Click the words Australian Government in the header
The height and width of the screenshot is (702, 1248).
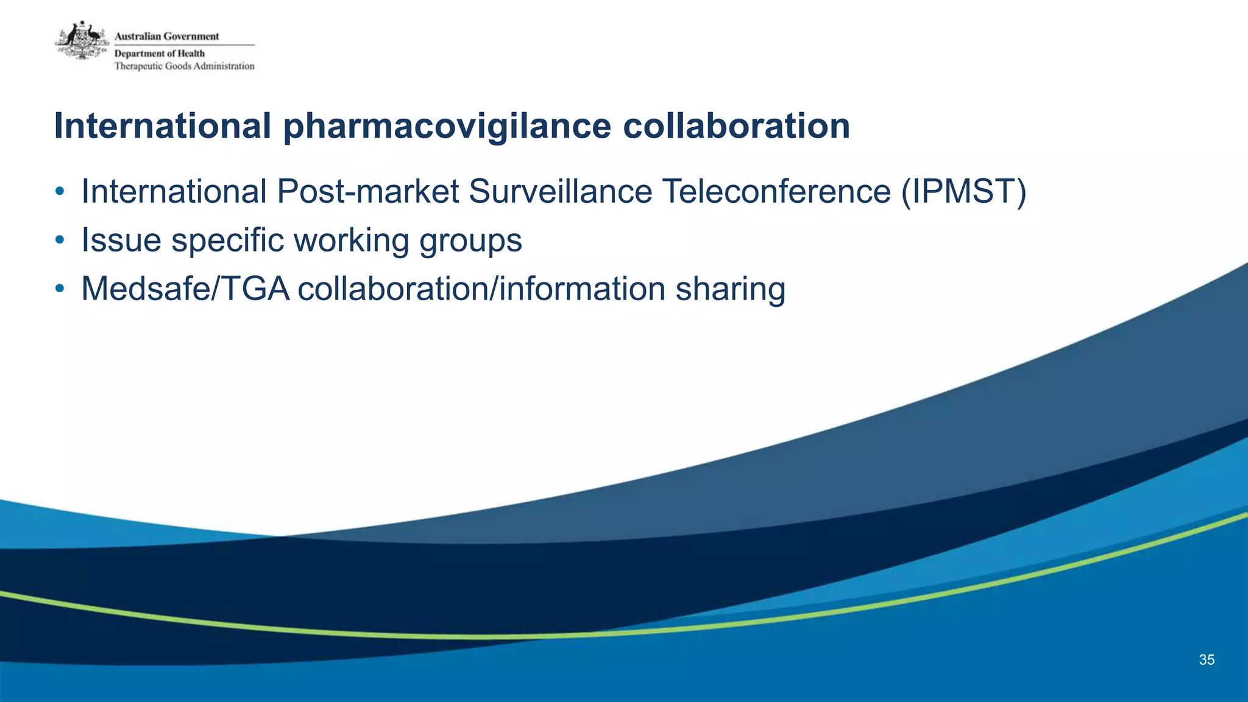click(x=166, y=37)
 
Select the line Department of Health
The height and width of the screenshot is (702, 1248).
click(x=160, y=54)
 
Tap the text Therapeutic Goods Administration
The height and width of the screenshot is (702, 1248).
click(x=184, y=66)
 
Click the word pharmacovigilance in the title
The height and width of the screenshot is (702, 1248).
click(x=447, y=127)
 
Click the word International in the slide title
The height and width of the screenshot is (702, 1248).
click(x=162, y=126)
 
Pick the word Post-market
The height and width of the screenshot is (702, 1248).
click(x=367, y=192)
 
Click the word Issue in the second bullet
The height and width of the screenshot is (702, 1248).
click(x=121, y=240)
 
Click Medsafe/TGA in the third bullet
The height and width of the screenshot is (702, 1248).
click(x=185, y=289)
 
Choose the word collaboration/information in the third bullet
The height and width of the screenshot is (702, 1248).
click(x=481, y=289)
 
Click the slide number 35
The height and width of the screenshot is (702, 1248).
click(x=1207, y=660)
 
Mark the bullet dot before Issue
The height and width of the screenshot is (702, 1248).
click(x=59, y=240)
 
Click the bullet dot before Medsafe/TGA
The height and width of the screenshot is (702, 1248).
click(x=59, y=289)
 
